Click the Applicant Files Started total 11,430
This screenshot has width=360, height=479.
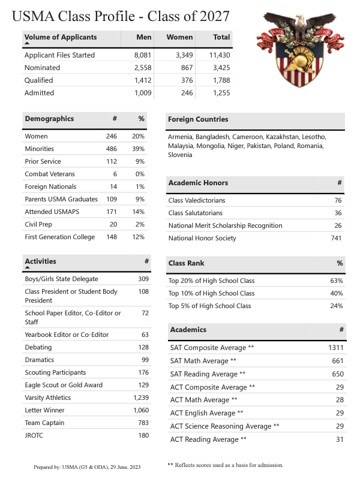click(217, 55)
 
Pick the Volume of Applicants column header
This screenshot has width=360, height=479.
click(61, 37)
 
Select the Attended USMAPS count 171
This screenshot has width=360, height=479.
click(111, 212)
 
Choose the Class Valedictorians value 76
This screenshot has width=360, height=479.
click(338, 201)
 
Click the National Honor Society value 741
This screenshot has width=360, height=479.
click(336, 239)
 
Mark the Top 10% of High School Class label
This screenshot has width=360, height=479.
click(211, 293)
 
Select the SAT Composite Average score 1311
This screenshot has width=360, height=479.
click(334, 348)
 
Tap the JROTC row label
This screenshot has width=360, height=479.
click(35, 436)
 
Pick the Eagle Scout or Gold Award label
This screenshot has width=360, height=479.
click(63, 385)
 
